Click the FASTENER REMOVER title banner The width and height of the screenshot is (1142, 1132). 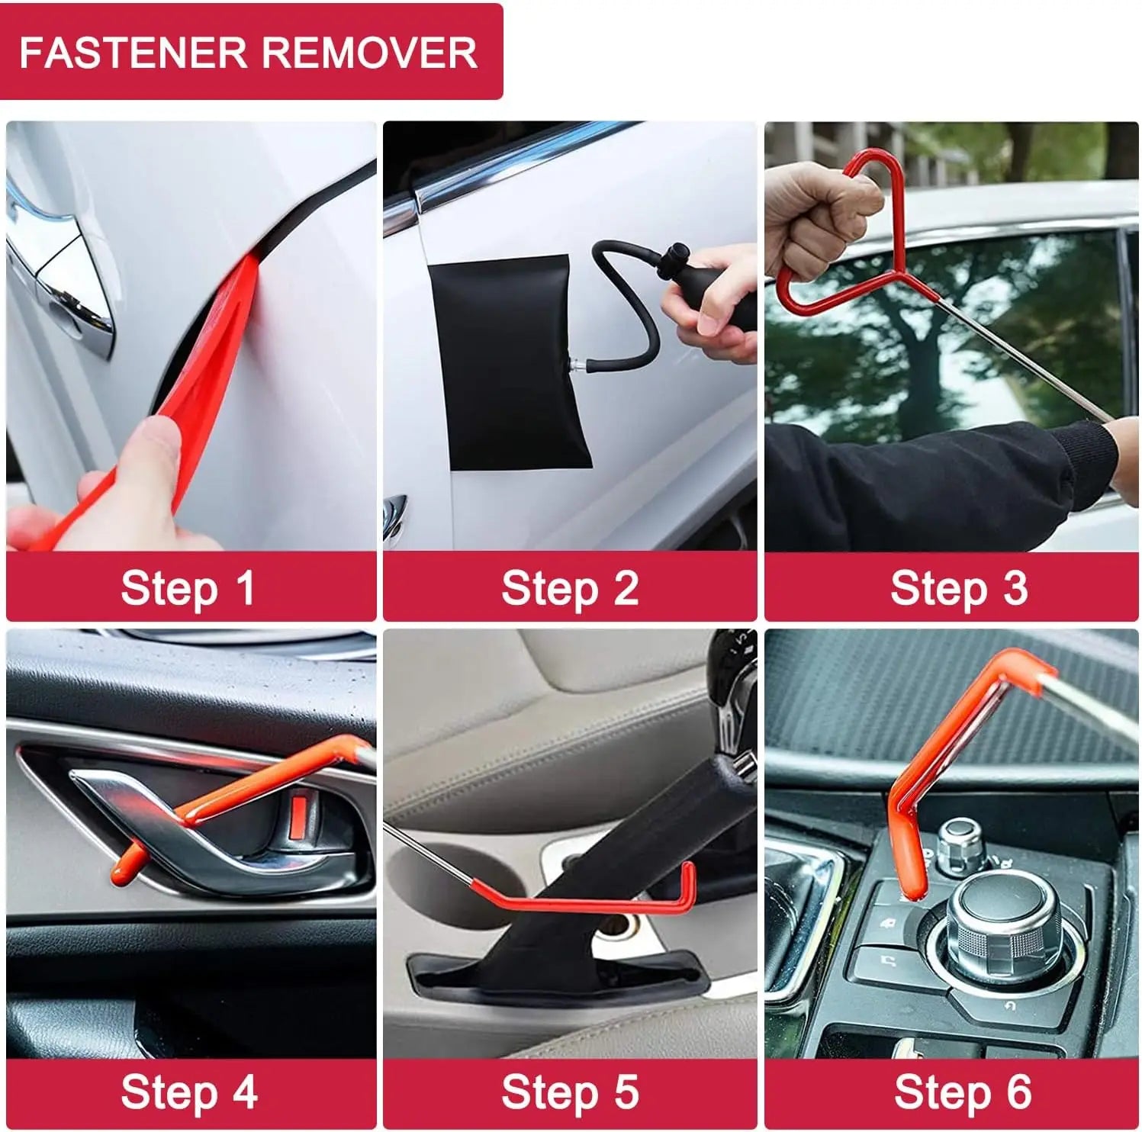250,52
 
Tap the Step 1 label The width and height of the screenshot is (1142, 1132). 188,589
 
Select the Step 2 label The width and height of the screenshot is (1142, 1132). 570,589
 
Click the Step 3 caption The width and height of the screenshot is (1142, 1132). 958,589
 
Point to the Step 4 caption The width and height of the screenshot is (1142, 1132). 188,1092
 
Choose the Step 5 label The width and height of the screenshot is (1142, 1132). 570,1092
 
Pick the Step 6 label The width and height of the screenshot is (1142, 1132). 962,1092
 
